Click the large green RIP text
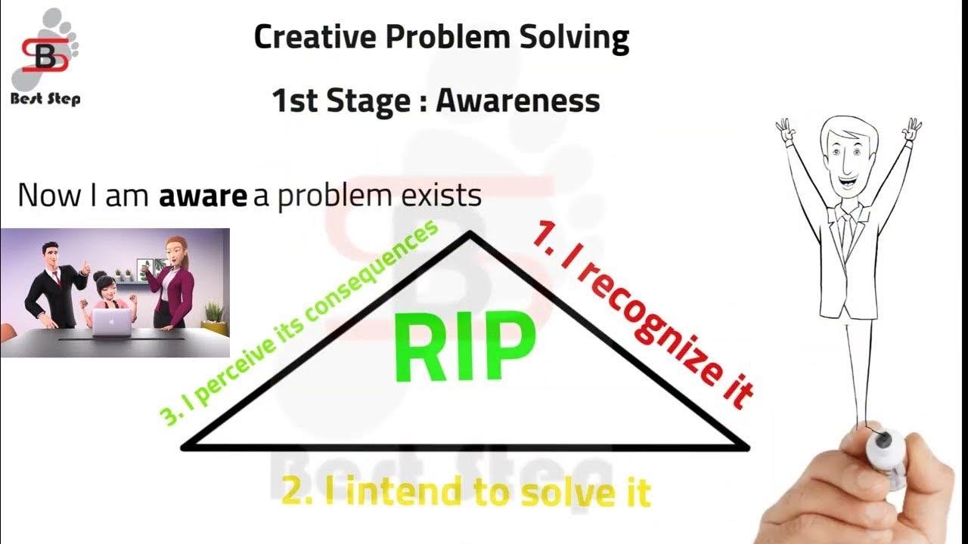click(464, 349)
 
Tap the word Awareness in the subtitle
click(518, 100)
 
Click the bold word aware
click(203, 196)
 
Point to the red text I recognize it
click(643, 314)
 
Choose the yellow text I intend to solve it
click(466, 493)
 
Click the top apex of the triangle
click(470, 233)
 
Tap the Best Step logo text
click(45, 98)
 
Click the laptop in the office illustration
click(111, 321)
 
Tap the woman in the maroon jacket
click(172, 283)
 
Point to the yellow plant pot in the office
click(216, 327)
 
